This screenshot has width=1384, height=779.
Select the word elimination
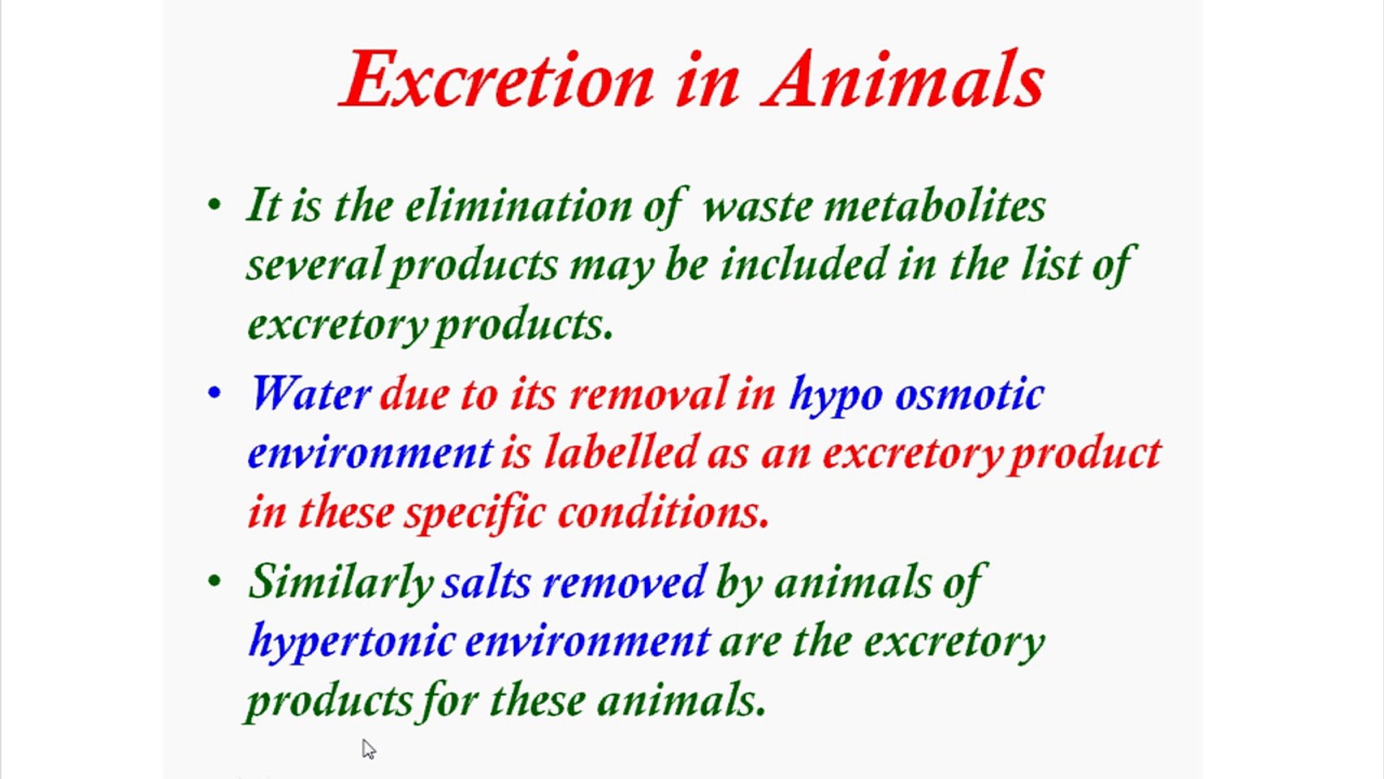point(519,206)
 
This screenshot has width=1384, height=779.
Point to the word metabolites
point(935,206)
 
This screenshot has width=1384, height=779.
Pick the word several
point(314,264)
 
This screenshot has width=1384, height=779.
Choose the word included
point(804,264)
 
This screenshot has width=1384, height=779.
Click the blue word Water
point(310,395)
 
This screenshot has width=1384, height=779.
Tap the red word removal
point(648,395)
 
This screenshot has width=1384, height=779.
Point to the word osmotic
point(969,395)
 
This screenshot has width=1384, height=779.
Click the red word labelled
point(621,453)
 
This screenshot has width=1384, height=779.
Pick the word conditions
point(663,513)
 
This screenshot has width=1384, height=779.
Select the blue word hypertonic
point(352,641)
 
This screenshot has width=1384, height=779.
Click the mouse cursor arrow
point(368,749)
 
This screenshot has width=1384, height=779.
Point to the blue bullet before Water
point(214,394)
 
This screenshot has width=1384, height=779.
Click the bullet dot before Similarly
point(214,581)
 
